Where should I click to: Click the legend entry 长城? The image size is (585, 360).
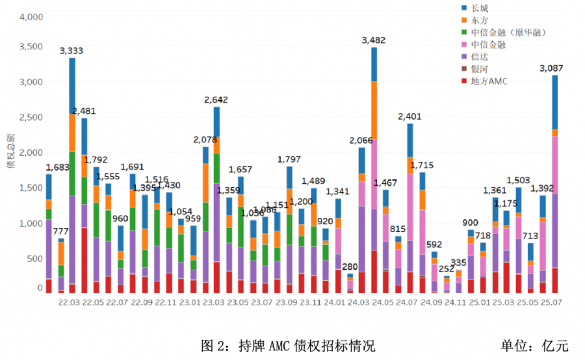click(x=480, y=8)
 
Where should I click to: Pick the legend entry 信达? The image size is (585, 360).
click(x=480, y=57)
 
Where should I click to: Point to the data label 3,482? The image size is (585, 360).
click(x=374, y=41)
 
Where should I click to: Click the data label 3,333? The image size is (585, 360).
click(x=71, y=51)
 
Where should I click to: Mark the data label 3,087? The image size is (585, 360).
click(x=554, y=68)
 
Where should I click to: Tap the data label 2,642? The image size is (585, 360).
click(x=216, y=100)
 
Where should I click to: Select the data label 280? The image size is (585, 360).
click(x=350, y=267)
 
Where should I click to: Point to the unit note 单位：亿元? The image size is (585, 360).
click(x=534, y=345)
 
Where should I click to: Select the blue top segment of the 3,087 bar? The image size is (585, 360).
click(x=554, y=102)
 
